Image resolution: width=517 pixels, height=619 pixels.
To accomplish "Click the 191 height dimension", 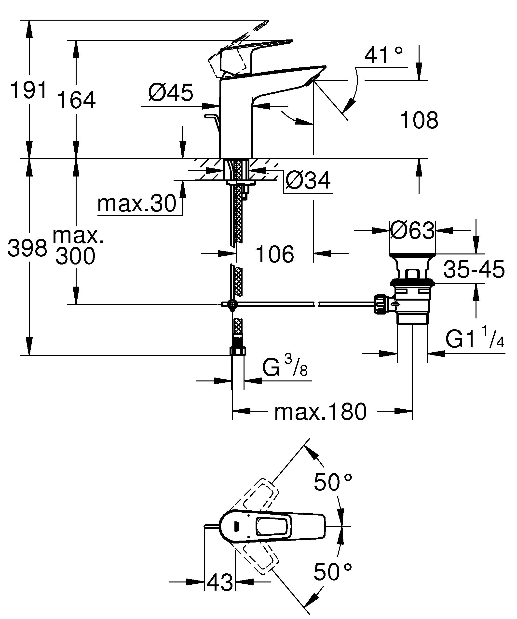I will pyautogui.click(x=29, y=90).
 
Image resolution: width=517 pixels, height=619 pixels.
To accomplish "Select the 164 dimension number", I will pyautogui.click(x=76, y=100).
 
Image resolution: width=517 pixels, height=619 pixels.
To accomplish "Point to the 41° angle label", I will pyautogui.click(x=383, y=56).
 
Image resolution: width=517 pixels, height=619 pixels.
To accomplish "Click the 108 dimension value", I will pyautogui.click(x=419, y=120).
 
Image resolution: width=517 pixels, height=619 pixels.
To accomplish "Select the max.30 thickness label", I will pyautogui.click(x=137, y=204).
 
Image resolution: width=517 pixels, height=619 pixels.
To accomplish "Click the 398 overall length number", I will pyautogui.click(x=27, y=248).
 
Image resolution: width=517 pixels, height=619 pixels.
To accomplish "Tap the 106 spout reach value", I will pyautogui.click(x=274, y=254).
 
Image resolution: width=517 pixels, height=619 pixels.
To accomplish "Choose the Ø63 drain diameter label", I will pyautogui.click(x=412, y=230).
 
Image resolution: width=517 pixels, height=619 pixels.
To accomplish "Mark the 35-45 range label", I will pyautogui.click(x=474, y=269).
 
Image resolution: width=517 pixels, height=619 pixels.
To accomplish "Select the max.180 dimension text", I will pyautogui.click(x=320, y=412).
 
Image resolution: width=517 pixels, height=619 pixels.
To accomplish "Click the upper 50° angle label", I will pyautogui.click(x=333, y=482).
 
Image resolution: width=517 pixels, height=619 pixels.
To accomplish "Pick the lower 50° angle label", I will pyautogui.click(x=333, y=572).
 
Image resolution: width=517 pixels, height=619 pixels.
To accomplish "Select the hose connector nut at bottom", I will pyautogui.click(x=238, y=351).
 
